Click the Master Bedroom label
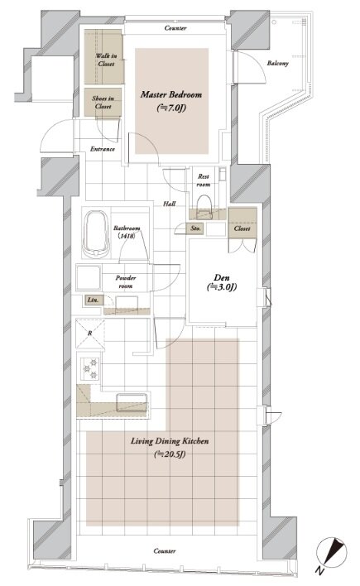coord(171,94)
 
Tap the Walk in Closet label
coord(106,60)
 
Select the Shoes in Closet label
coord(103,102)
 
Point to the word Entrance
coord(103,149)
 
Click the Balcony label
coord(278,63)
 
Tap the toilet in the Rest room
coord(204,207)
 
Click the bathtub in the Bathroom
coord(96,234)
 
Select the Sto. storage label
coord(196,228)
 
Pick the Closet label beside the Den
coord(242,228)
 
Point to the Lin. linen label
coord(93,300)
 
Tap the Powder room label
coord(126,281)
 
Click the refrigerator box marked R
coord(90,334)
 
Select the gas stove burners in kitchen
coord(90,368)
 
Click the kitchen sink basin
coord(132,402)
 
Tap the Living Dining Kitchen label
coord(170,441)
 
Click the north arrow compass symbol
coord(332,552)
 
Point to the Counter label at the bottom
coord(165,551)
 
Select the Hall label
coord(170,204)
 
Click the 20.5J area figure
coord(170,454)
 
